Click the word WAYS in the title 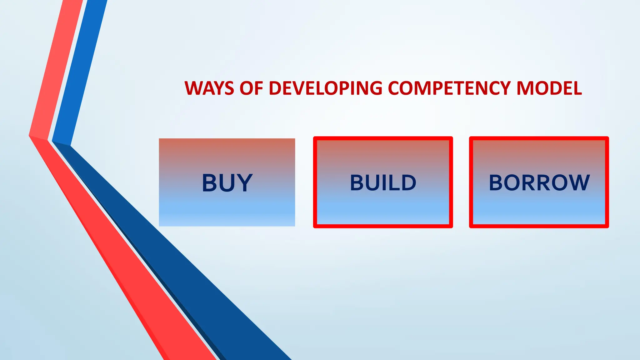tap(209, 88)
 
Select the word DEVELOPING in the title tap(325, 88)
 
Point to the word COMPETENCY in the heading tap(449, 88)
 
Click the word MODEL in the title tap(549, 88)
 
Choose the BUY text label tap(227, 183)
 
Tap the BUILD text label tap(383, 183)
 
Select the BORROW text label tap(539, 183)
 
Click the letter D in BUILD tap(408, 183)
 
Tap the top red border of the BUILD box tap(383, 138)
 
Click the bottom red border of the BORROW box tap(539, 226)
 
